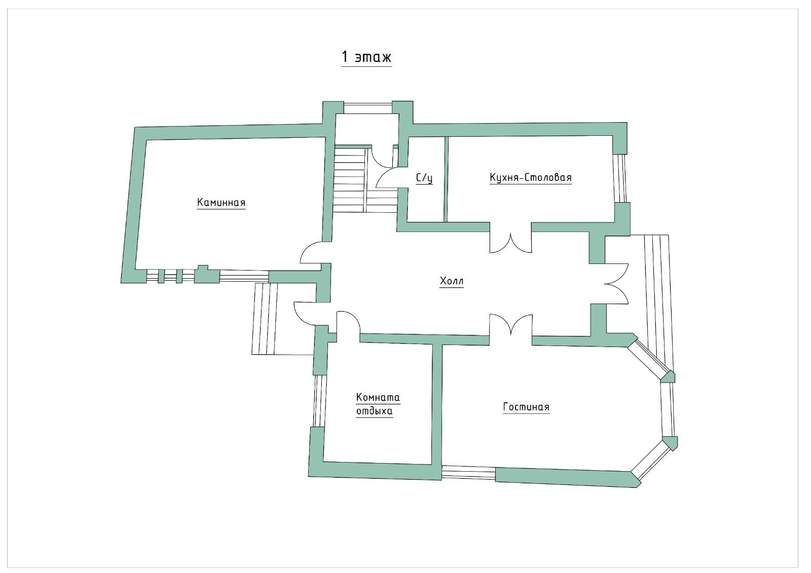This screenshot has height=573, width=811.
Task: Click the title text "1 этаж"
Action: [366, 57]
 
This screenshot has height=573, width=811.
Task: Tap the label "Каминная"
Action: [221, 202]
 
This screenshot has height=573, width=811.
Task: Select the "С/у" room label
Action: [424, 178]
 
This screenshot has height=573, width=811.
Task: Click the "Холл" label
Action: [452, 281]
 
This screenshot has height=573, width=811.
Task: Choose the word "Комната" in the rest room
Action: [378, 397]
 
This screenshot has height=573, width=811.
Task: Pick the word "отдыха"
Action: [375, 411]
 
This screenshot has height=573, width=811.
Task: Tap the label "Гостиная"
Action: [526, 407]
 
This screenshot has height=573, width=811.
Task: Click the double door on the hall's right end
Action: [616, 283]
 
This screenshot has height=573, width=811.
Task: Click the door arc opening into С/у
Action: [387, 177]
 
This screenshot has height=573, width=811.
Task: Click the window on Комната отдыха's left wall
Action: [319, 401]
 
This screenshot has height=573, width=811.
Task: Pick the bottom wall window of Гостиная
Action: [468, 474]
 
